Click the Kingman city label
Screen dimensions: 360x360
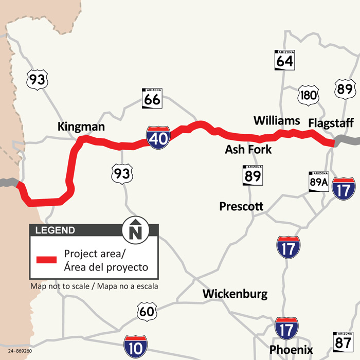(x=81, y=127)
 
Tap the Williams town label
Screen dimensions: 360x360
(x=277, y=120)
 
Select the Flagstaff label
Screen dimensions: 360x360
(x=331, y=123)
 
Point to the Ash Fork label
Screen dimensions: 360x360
(x=248, y=150)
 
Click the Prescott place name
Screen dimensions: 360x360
(x=241, y=206)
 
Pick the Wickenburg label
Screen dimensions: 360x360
(x=235, y=294)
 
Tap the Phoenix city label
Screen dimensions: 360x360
(x=291, y=349)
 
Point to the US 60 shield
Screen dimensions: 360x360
(x=147, y=311)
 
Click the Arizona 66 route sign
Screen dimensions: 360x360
(x=152, y=98)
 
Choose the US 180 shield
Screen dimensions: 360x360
(x=309, y=95)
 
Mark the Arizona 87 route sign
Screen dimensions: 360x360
(x=343, y=341)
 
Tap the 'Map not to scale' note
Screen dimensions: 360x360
(x=94, y=286)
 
